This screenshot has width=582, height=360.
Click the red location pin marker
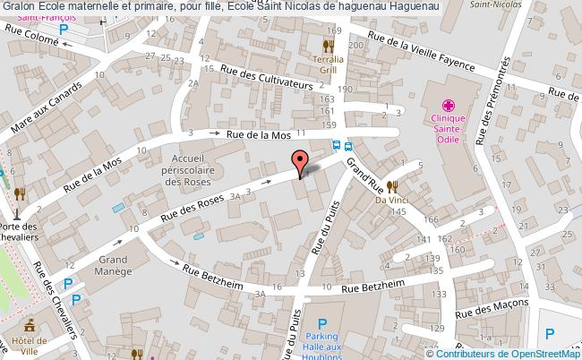coord(298,162)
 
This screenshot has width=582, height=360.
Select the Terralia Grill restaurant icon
coord(329,44)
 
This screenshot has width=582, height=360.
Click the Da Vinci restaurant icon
coord(392,186)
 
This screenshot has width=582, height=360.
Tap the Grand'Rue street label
coord(364,169)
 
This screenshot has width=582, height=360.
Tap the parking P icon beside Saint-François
coord(63,30)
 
